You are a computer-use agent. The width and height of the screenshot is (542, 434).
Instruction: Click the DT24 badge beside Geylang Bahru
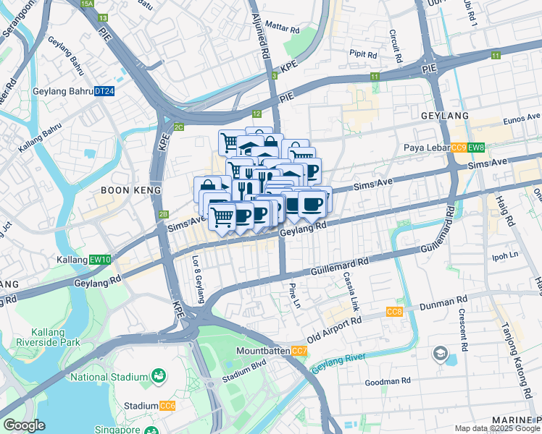(x=105, y=91)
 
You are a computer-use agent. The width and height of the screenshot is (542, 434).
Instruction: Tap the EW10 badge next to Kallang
(x=101, y=260)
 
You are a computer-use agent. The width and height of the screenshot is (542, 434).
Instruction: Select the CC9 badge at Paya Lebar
(x=458, y=148)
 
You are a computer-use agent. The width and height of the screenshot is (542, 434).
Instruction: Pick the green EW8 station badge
(x=475, y=148)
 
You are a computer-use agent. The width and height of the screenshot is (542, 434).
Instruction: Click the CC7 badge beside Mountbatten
(x=299, y=351)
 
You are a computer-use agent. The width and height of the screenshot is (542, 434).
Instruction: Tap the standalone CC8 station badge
(x=394, y=312)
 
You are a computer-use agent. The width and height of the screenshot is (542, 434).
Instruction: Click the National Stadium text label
(x=108, y=376)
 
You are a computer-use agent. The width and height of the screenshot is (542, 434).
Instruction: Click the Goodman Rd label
(x=388, y=381)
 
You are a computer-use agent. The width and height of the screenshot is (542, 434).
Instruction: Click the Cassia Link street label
(x=351, y=294)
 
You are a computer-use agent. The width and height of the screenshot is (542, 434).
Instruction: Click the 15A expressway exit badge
(x=88, y=4)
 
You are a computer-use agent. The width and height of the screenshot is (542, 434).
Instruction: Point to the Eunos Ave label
(x=522, y=116)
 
